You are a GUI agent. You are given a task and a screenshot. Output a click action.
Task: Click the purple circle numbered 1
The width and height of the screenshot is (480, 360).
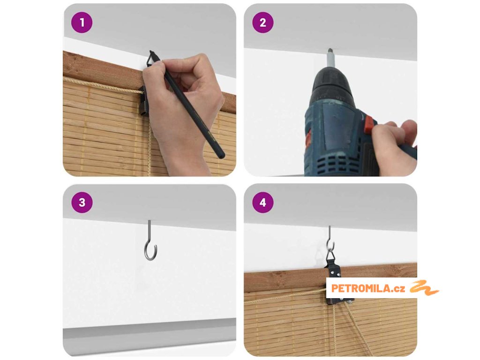[82, 22]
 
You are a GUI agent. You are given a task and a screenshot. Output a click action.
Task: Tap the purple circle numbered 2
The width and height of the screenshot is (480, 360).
[262, 22]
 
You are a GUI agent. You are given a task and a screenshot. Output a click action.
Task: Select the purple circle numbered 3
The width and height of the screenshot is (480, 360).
[82, 202]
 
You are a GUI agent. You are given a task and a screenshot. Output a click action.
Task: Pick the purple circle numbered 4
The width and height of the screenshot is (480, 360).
[262, 202]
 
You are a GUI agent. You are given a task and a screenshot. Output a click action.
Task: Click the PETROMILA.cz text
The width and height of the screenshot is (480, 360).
[368, 288]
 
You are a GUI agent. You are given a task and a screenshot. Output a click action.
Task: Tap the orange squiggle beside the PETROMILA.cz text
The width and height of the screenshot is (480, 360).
[424, 288]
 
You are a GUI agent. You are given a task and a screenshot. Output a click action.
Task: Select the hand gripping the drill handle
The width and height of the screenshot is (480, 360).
[394, 147]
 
